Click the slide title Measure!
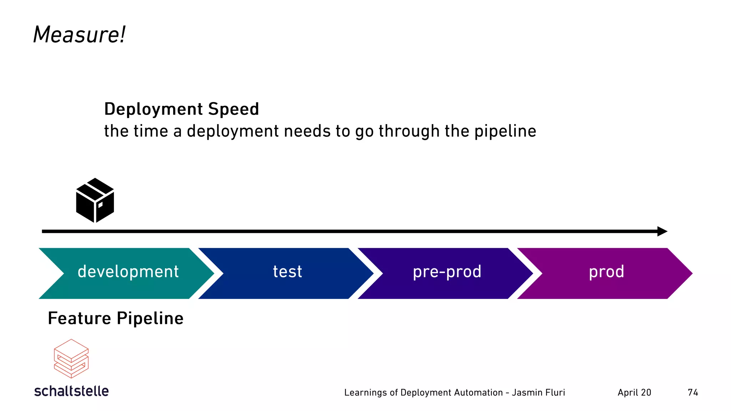tap(79, 35)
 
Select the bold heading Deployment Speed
tap(181, 109)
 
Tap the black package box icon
tap(95, 201)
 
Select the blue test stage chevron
tap(287, 273)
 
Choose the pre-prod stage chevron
tap(447, 273)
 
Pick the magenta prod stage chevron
tap(606, 273)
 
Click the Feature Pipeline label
tap(116, 318)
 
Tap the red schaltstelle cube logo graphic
tap(71, 359)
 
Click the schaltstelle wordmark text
tap(71, 391)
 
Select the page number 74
tap(693, 392)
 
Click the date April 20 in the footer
tap(634, 392)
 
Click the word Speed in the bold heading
tap(233, 109)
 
